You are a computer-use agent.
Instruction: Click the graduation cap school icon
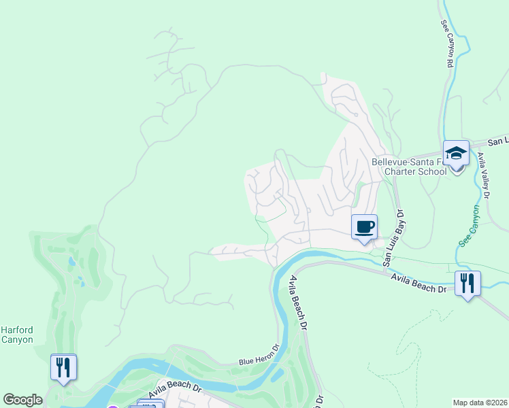coord(456,153)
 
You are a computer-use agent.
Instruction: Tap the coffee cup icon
coord(364,226)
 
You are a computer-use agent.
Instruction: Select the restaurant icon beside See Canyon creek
coord(467,282)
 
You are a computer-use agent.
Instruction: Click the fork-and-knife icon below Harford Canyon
coord(63,367)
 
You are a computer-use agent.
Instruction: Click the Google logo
coord(22,400)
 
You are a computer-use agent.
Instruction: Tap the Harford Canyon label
coord(16,335)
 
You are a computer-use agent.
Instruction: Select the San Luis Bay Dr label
coord(393,237)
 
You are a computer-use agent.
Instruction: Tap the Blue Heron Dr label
coord(259,358)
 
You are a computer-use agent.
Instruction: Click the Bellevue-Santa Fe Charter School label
coord(409,167)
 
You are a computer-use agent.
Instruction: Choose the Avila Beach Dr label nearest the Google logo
coord(176,392)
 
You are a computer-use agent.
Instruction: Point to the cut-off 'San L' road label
coord(498,141)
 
